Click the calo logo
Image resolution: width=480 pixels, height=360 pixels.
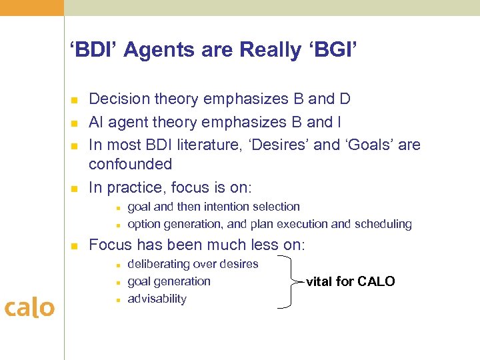[x=29, y=307]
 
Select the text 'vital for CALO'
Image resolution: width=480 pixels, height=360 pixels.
[x=350, y=281]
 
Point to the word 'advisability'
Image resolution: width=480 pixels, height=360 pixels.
[x=157, y=299]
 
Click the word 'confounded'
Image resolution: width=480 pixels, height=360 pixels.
[x=130, y=164]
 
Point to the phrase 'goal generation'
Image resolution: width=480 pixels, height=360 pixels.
[x=169, y=281]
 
